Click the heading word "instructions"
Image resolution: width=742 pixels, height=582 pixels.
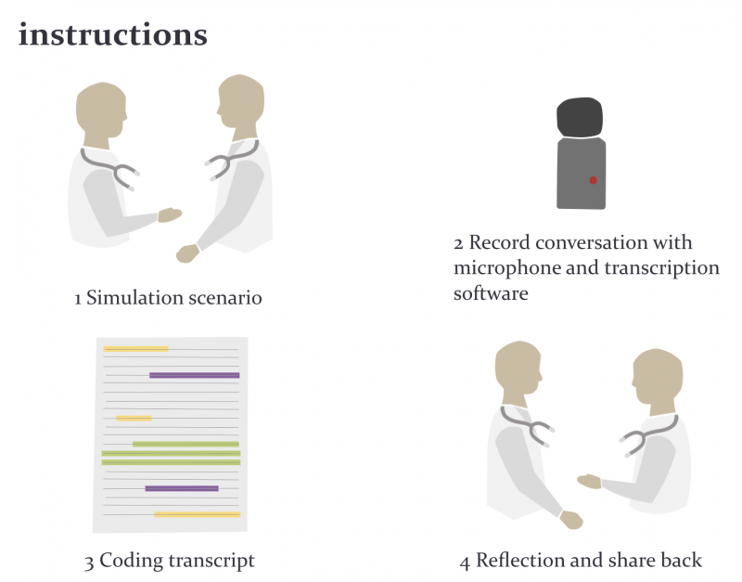click(x=112, y=34)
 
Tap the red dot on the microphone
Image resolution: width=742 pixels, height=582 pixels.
click(x=593, y=180)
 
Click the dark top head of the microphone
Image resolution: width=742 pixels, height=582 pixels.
click(x=580, y=118)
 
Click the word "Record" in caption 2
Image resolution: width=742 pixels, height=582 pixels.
click(x=499, y=242)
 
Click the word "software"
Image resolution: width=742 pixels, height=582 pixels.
click(x=491, y=293)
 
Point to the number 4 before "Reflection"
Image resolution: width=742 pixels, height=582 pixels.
click(x=465, y=563)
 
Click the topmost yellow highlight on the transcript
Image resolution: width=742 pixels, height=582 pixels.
click(x=135, y=349)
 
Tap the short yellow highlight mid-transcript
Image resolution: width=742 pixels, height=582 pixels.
click(x=134, y=418)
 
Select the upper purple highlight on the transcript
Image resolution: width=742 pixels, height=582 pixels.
click(x=195, y=375)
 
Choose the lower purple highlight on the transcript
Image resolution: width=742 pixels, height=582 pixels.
click(x=182, y=488)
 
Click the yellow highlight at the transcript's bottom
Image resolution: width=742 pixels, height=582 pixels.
click(x=198, y=514)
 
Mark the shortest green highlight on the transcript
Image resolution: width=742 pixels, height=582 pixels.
click(x=185, y=445)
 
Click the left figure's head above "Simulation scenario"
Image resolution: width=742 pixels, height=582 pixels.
click(x=101, y=110)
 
